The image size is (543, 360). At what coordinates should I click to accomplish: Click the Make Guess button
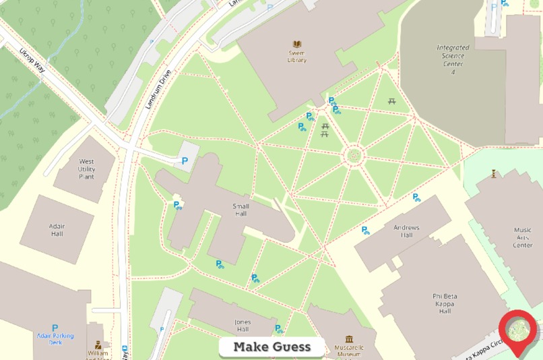pos(272,347)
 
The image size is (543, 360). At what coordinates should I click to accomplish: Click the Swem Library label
pos(296,56)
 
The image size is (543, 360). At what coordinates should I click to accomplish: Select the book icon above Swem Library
pos(296,44)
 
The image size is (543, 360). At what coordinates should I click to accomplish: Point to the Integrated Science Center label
pos(453,59)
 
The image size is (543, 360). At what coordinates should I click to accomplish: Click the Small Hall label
pos(241,210)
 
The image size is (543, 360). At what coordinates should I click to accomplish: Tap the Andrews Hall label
pos(406,231)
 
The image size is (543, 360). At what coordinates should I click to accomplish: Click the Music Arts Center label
pos(522,237)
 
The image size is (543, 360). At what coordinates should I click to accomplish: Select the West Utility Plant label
pos(87,169)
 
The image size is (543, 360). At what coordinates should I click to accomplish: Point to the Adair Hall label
pos(57,230)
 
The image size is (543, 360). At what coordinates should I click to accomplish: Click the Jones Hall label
pos(243,326)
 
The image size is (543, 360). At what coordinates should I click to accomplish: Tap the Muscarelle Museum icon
pos(349,339)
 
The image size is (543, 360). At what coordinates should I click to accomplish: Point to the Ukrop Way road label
pos(32,59)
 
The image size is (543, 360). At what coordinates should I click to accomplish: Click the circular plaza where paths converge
pos(353,156)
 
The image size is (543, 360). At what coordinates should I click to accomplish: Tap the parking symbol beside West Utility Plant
pos(185,160)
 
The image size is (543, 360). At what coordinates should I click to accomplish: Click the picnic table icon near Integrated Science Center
pos(392,102)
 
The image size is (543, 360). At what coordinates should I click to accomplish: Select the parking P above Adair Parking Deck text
pos(55,328)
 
